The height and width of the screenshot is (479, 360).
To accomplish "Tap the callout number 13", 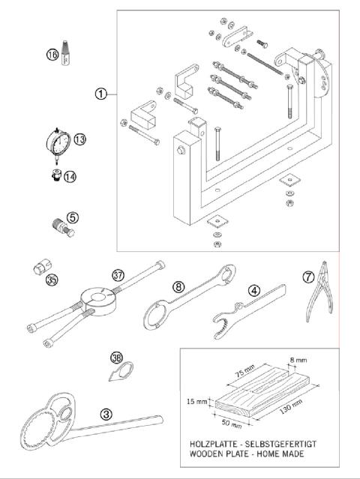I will tap(80, 139).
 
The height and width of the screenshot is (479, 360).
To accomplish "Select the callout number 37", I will tap(118, 274).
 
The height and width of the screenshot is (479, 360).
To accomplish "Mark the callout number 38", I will tap(115, 358).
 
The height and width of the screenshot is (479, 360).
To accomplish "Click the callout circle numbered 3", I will tap(107, 412).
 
